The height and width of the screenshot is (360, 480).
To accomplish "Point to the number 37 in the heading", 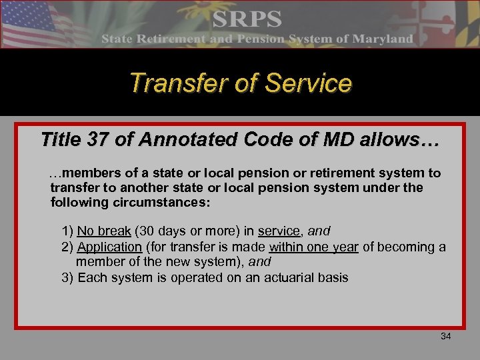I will [104, 140].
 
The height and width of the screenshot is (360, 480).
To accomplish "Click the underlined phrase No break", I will [104, 231].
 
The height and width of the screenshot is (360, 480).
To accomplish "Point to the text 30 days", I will [163, 231].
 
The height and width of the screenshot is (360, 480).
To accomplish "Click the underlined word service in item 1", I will [279, 231].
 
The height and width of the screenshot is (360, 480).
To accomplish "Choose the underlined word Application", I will [109, 247].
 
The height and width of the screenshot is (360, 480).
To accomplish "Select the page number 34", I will [446, 336].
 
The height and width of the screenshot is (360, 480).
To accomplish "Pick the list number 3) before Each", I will [67, 277].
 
